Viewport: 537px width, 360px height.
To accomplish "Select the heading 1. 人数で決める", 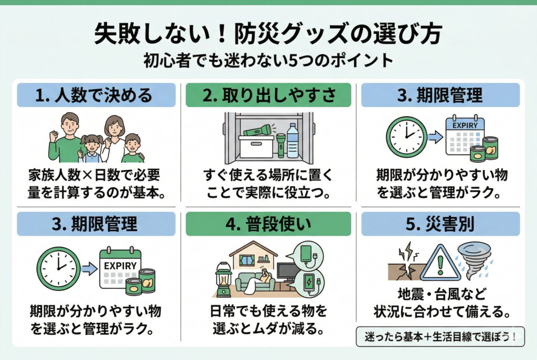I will tap(96, 95).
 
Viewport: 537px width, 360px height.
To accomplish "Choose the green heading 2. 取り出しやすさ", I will tap(268, 95).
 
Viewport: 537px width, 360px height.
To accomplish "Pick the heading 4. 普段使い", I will tap(268, 224).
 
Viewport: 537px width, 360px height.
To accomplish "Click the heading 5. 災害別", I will tap(441, 224).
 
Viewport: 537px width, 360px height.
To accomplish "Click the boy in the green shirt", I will tap(132, 149).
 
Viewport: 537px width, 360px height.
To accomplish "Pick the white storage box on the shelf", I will tap(256, 147).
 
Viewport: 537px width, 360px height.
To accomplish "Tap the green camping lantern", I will tap(223, 278).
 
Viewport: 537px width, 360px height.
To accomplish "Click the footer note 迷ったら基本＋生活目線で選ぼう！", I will tap(440, 336).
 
